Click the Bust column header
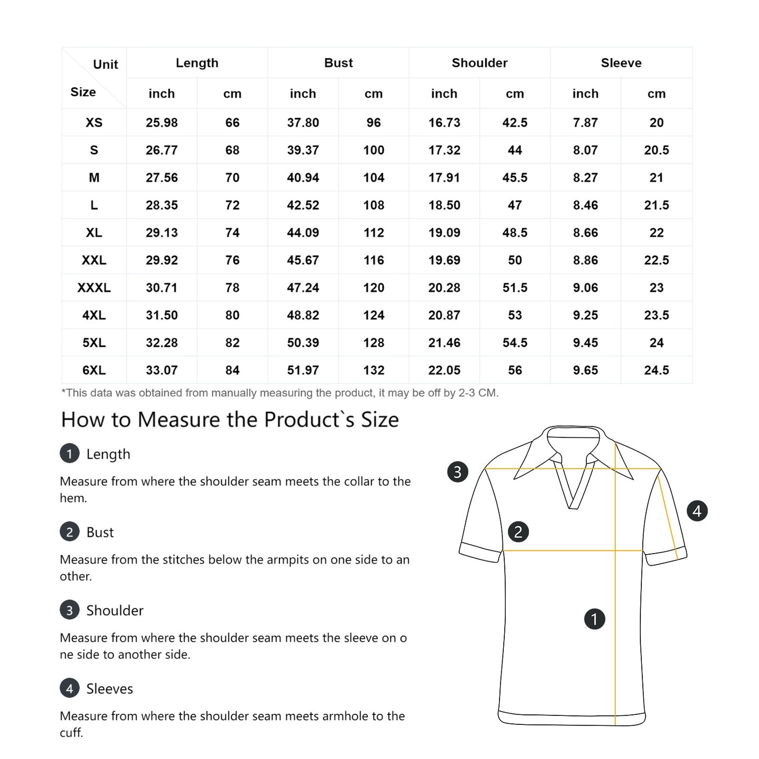(338, 63)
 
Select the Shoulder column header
(480, 63)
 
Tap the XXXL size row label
(94, 288)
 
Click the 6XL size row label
(94, 370)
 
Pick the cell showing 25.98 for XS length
(162, 123)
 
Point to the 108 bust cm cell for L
(373, 205)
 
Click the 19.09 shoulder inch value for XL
(444, 233)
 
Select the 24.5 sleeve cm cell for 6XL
(657, 370)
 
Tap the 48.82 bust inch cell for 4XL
(303, 315)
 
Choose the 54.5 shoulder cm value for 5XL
(515, 343)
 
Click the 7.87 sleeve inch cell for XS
(586, 123)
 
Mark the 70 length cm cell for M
(232, 178)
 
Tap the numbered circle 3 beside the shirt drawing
(458, 472)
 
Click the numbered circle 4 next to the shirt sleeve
(697, 511)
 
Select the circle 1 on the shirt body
(595, 619)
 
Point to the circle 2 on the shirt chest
(518, 532)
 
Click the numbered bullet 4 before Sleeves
(70, 688)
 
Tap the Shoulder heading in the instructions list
(115, 610)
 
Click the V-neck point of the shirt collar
(573, 506)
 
